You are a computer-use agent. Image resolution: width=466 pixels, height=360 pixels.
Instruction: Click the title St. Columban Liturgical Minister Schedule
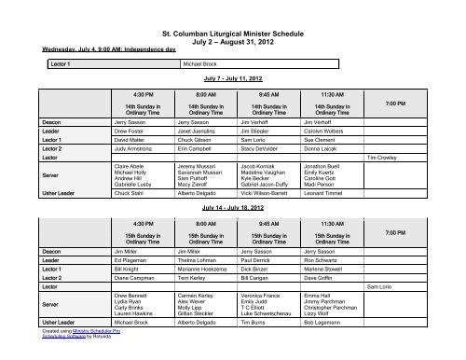point(233,8)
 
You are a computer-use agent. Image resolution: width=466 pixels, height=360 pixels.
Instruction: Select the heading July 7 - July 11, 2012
point(233,80)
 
